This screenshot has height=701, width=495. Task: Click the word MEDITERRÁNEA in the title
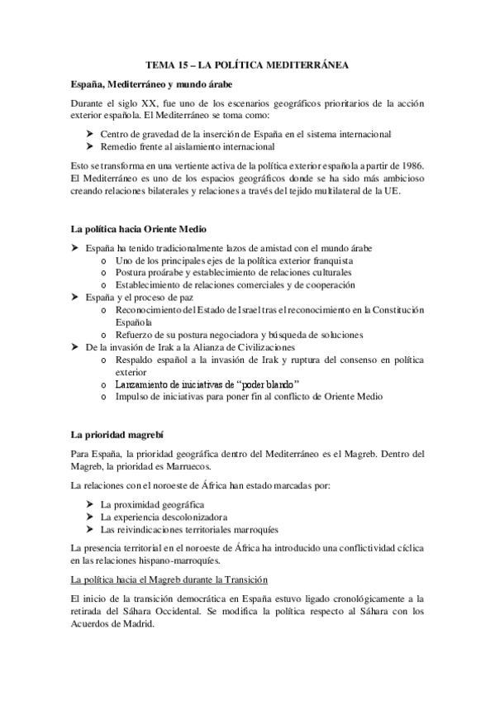305,64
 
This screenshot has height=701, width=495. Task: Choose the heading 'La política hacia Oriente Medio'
138,228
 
